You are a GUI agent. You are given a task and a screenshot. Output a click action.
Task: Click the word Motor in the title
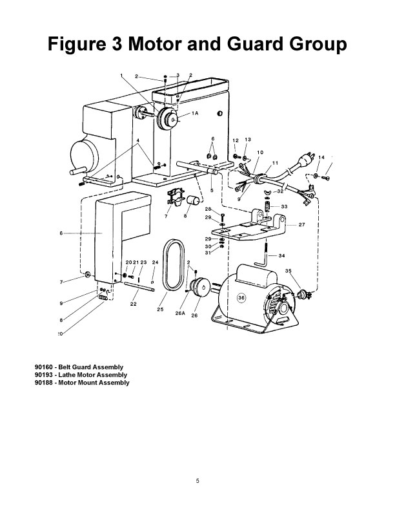[156, 44]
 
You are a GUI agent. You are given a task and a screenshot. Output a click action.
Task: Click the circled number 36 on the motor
[241, 298]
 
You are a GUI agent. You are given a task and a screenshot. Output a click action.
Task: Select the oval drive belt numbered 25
[174, 265]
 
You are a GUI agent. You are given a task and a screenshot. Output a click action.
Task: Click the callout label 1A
[194, 113]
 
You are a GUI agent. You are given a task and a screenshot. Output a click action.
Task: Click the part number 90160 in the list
[44, 367]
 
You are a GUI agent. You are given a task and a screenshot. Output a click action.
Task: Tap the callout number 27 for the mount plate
[302, 225]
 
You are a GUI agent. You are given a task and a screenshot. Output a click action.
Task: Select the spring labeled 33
[268, 207]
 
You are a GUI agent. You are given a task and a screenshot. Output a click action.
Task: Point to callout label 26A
[180, 313]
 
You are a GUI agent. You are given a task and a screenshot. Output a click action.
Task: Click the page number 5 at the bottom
[197, 481]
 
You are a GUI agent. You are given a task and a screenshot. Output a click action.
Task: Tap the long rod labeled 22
[139, 286]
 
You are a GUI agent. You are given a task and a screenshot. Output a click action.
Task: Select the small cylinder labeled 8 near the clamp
[193, 200]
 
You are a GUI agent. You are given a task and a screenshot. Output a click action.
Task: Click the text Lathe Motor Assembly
[92, 375]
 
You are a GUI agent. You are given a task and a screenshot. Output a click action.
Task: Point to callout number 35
[289, 271]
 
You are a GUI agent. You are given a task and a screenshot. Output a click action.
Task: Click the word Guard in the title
[256, 44]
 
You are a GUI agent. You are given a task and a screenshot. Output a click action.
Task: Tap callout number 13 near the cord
[248, 140]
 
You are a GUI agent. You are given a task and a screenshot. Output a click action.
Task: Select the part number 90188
[44, 383]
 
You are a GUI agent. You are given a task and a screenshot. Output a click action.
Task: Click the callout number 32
[281, 191]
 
